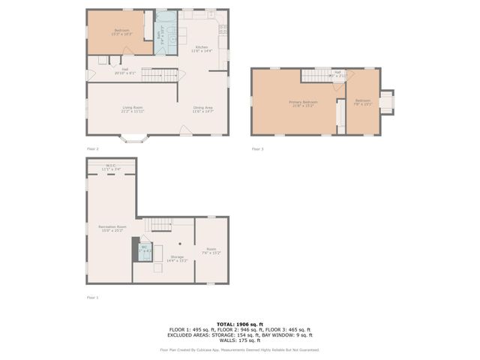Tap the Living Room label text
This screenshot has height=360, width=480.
click(133, 109)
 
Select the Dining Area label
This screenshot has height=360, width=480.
click(203, 109)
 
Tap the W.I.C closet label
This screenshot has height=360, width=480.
click(111, 168)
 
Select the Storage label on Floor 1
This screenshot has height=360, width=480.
click(177, 259)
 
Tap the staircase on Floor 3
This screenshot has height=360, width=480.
click(317, 76)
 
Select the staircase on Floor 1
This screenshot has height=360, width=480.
click(160, 223)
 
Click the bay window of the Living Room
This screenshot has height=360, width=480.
click(134, 139)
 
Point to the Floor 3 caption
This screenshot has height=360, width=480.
click(258, 148)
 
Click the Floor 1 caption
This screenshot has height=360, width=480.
click(92, 298)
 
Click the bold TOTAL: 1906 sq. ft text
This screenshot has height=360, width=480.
click(240, 323)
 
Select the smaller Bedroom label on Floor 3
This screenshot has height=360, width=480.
click(363, 102)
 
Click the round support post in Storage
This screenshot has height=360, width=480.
click(180, 244)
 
